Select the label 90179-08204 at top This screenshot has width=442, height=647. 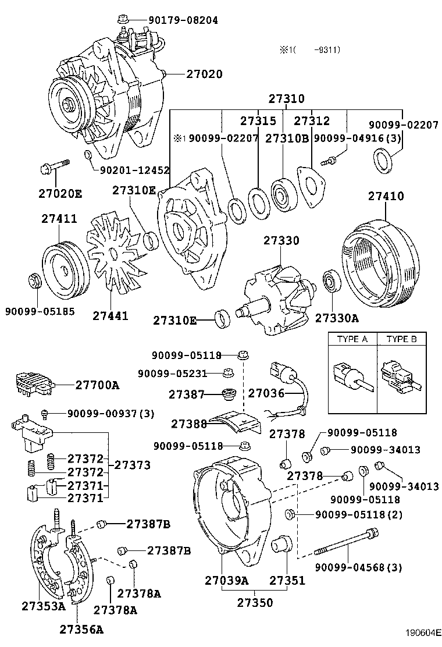click(183, 20)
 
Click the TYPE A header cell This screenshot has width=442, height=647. click(352, 339)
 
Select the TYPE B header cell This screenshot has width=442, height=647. click(402, 339)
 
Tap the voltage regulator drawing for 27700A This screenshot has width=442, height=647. click(35, 383)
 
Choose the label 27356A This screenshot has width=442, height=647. click(81, 629)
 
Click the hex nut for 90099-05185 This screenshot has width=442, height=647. click(34, 281)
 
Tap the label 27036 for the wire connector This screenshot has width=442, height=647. click(266, 394)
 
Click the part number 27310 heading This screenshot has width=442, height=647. click(286, 99)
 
